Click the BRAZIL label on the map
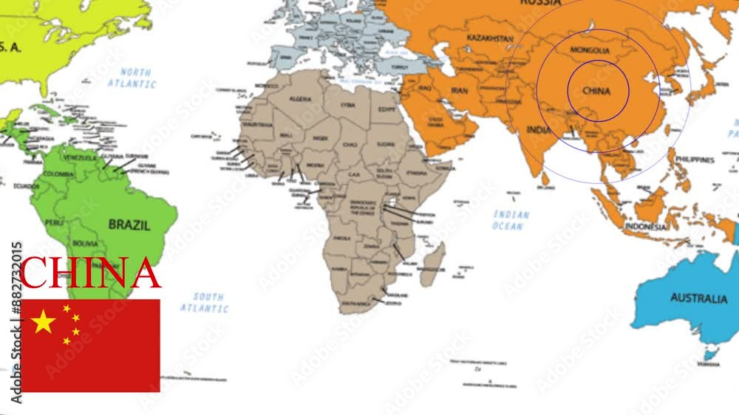(129, 224)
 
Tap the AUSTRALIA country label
(698, 298)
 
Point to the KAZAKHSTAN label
(489, 37)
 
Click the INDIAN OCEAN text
(511, 220)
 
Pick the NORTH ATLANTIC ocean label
(132, 78)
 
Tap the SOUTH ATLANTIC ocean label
(204, 302)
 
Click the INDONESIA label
(645, 227)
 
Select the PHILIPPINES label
(694, 160)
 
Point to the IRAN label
(460, 91)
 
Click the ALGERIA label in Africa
(299, 98)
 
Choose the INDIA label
(539, 130)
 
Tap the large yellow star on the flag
(44, 321)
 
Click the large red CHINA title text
(90, 273)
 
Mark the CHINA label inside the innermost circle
(596, 92)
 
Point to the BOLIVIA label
(85, 243)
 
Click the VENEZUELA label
(79, 157)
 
